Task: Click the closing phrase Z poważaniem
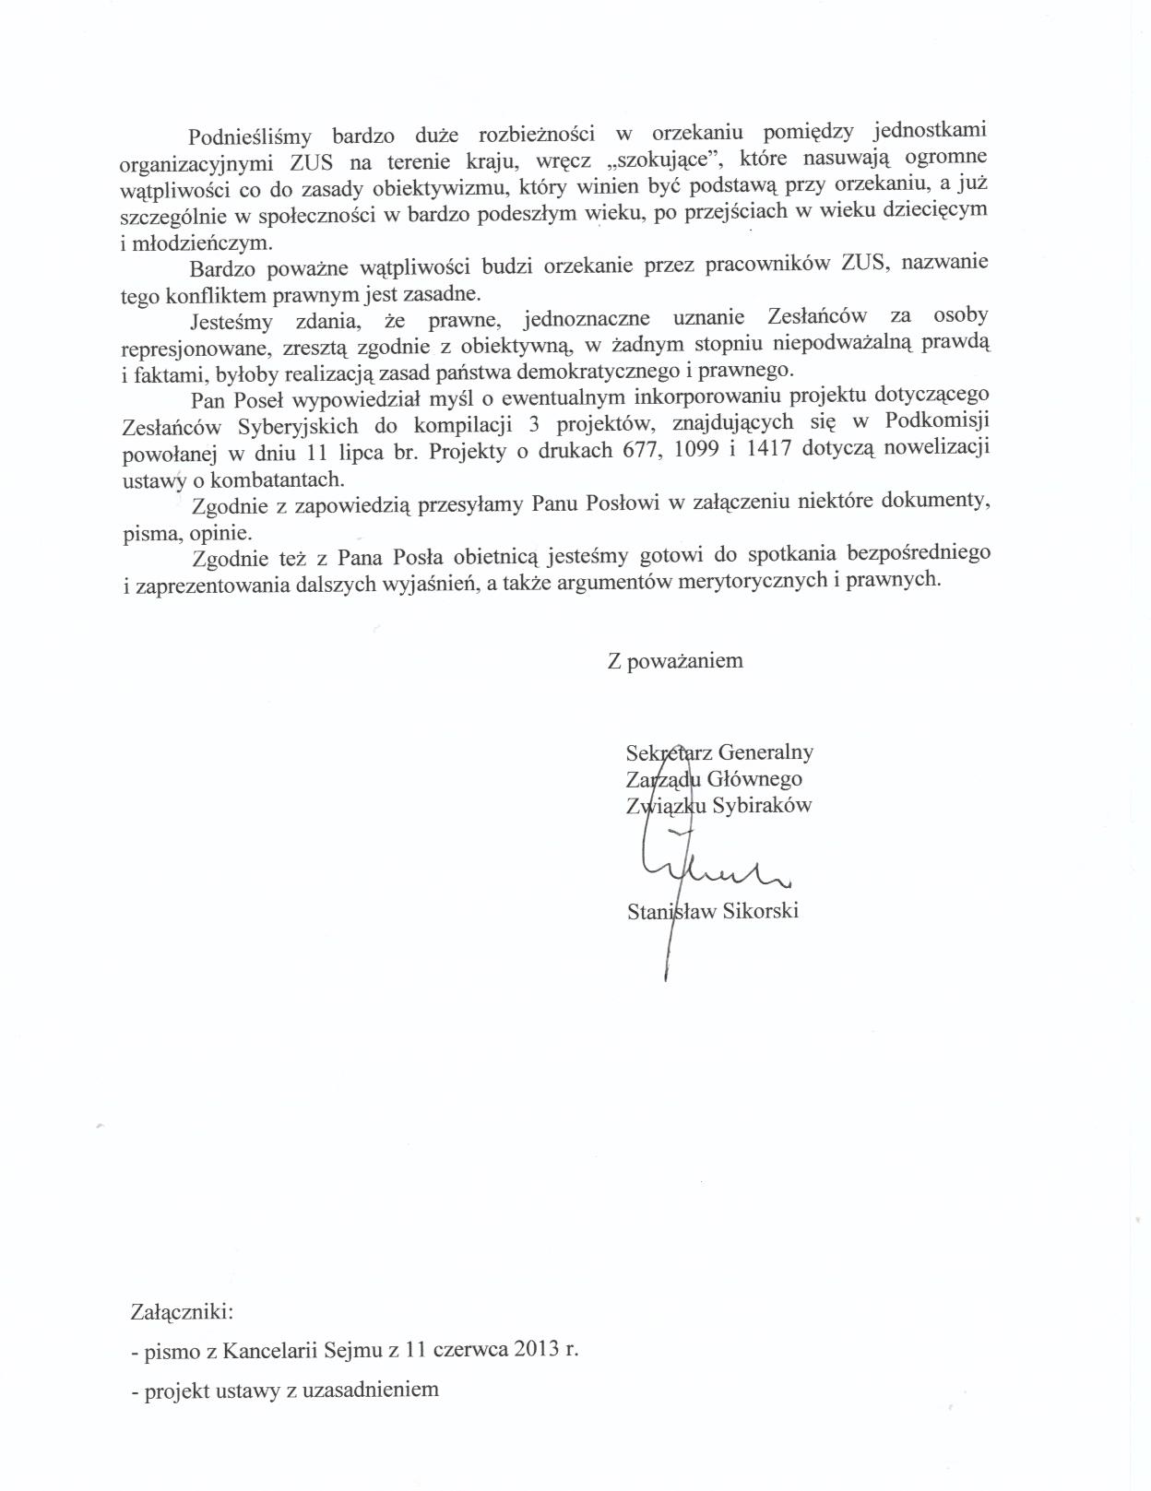point(674,660)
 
